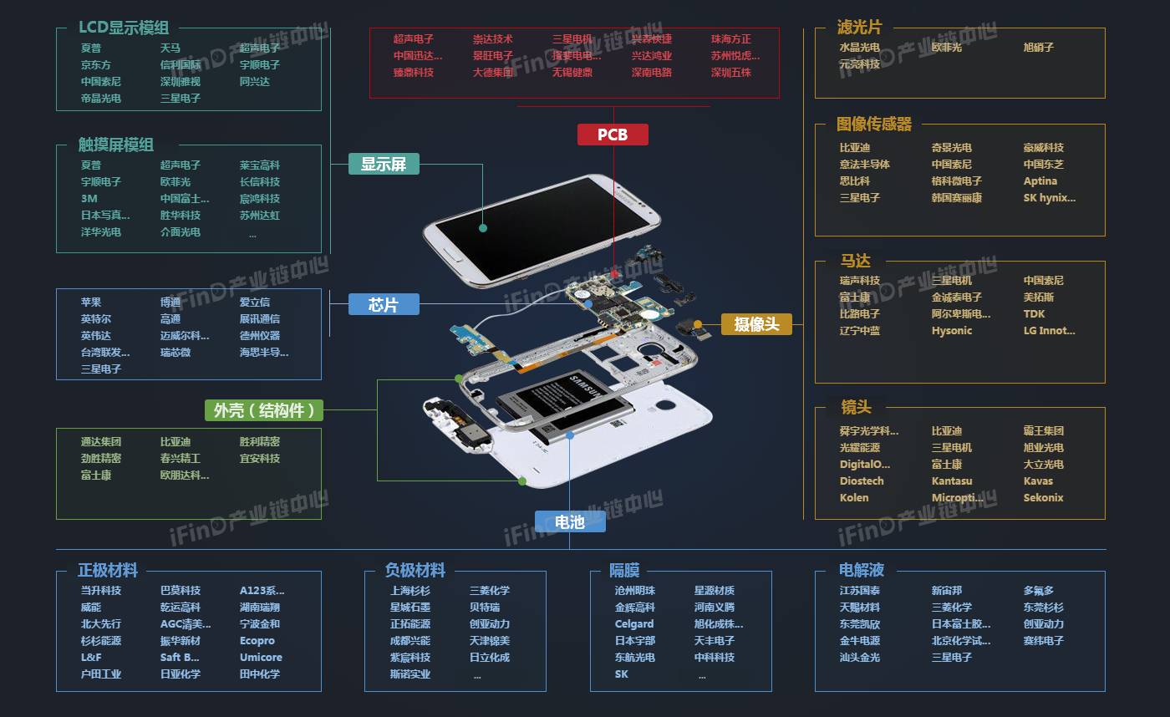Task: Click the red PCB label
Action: pyautogui.click(x=613, y=135)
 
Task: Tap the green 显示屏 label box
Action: pyautogui.click(x=384, y=164)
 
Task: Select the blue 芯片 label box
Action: pyautogui.click(x=384, y=305)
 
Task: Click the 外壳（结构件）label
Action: pyautogui.click(x=264, y=410)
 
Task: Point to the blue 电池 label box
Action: pyautogui.click(x=570, y=522)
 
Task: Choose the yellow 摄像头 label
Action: pyautogui.click(x=756, y=324)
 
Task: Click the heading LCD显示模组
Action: pyautogui.click(x=124, y=28)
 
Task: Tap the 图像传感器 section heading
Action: pyautogui.click(x=873, y=125)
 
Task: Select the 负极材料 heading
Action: pyautogui.click(x=415, y=571)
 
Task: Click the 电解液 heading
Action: pyautogui.click(x=862, y=571)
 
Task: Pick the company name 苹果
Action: pyautogui.click(x=91, y=303)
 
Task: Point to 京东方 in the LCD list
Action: pyautogui.click(x=96, y=65)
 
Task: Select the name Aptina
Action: pyautogui.click(x=1040, y=181)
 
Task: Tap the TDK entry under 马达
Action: pyautogui.click(x=1034, y=314)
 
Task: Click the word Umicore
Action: pyautogui.click(x=261, y=658)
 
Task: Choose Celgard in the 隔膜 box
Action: pyautogui.click(x=634, y=624)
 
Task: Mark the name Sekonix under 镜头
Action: pyautogui.click(x=1044, y=498)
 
